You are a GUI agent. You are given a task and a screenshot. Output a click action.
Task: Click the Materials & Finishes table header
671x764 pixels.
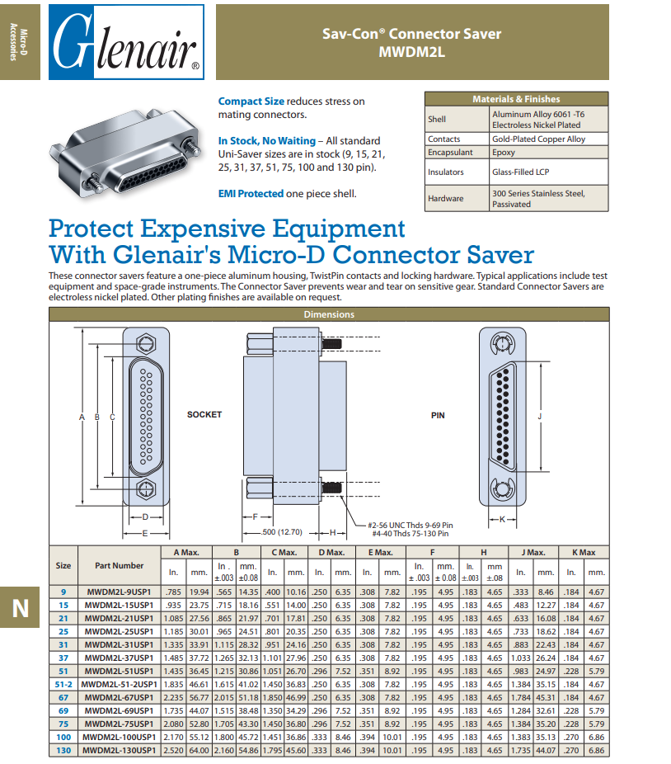(516, 99)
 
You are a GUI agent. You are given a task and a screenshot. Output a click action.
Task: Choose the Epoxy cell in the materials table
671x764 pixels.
(504, 153)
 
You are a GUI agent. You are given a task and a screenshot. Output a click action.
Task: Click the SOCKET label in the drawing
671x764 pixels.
(204, 414)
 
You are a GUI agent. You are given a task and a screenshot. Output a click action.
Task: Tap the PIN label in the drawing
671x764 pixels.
(438, 415)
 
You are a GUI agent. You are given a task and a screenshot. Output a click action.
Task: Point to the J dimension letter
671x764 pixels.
(539, 417)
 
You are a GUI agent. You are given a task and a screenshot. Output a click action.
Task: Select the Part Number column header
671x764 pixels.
(119, 566)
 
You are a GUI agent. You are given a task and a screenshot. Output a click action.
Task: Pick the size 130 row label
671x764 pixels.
(63, 750)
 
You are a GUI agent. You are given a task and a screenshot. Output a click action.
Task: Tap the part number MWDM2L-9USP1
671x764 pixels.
(120, 592)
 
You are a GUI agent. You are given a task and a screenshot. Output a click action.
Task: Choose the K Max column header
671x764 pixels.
(583, 552)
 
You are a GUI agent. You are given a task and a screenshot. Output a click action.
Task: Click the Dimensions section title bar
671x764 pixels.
(329, 314)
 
